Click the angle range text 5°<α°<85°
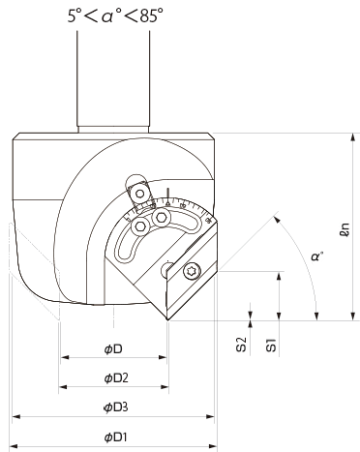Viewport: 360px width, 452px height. coord(115,15)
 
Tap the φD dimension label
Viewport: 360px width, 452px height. coord(113,349)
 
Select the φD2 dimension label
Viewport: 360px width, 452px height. coord(116,377)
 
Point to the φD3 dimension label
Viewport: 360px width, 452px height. coord(116,407)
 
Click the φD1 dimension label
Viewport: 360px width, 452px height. coord(116,437)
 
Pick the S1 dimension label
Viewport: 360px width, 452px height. coord(271,345)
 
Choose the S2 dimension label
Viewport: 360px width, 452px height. coord(241,344)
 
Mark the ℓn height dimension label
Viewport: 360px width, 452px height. coord(345,229)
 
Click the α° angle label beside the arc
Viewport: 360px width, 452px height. coord(317,256)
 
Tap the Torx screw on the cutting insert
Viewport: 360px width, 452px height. coord(193,271)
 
